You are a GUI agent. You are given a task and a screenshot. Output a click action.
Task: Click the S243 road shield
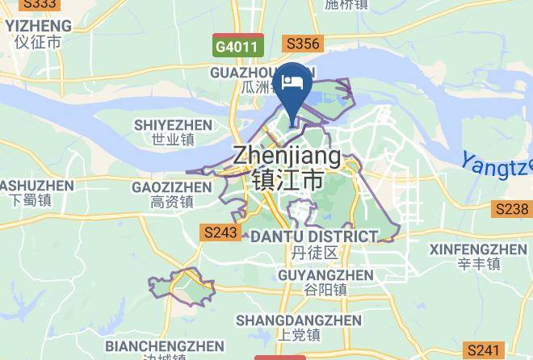220,232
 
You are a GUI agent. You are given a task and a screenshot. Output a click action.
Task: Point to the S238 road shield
511,209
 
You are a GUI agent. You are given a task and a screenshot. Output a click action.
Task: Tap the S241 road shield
485,350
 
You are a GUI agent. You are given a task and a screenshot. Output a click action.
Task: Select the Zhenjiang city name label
287,157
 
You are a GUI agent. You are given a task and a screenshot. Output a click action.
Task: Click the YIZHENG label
38,25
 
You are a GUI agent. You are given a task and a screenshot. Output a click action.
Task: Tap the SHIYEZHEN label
173,125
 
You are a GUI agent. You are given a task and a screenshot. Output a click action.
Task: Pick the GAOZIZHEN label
171,187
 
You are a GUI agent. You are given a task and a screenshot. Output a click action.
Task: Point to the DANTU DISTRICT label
314,237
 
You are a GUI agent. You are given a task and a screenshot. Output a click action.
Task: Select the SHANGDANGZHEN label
299,320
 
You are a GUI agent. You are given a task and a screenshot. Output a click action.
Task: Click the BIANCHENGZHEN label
165,346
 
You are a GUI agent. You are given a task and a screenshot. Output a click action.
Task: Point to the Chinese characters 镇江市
287,179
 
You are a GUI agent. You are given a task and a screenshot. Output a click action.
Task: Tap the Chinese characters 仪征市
38,42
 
